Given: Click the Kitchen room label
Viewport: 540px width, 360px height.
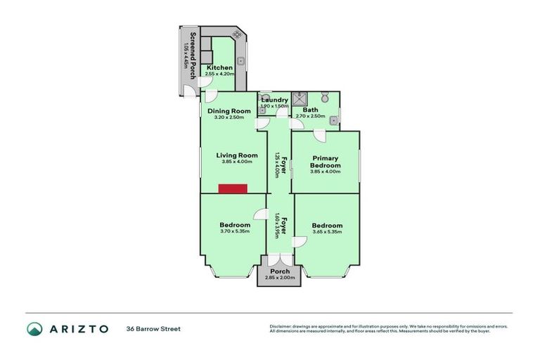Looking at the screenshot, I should point(219,67).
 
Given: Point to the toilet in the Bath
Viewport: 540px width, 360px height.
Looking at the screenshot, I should point(326,98).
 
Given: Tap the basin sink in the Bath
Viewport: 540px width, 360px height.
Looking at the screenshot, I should point(333,120).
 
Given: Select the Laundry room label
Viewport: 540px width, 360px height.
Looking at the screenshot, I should point(274,100).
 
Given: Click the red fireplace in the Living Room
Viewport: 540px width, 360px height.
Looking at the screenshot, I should point(233,188).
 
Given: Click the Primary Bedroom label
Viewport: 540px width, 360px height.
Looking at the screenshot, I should point(326,162).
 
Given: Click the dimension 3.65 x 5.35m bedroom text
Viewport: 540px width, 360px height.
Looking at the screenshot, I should point(327,231).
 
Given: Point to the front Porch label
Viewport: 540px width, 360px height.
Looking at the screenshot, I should point(280,271).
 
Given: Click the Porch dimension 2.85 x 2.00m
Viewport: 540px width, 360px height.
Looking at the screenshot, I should point(280,278).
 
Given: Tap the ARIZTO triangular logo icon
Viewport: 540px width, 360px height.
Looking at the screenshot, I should point(34,328).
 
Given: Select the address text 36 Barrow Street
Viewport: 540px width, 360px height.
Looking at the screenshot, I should point(153,328).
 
